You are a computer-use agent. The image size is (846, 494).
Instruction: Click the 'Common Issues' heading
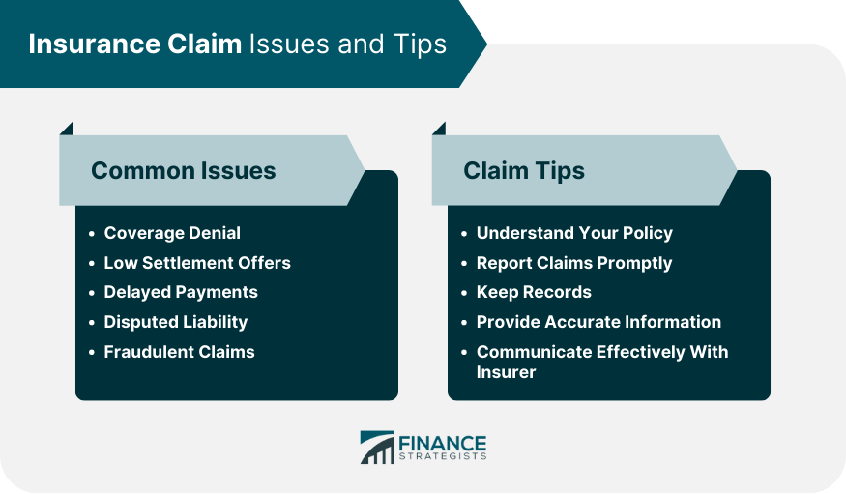pyautogui.click(x=183, y=171)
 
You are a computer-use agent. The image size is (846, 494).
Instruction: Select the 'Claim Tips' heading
pyautogui.click(x=523, y=171)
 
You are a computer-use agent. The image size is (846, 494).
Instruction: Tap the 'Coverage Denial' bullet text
pyautogui.click(x=172, y=233)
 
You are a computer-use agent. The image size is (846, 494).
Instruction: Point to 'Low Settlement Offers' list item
pyautogui.click(x=197, y=263)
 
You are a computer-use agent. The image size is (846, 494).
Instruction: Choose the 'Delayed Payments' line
pyautogui.click(x=181, y=292)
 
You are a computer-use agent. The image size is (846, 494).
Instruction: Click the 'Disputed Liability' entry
pyautogui.click(x=176, y=322)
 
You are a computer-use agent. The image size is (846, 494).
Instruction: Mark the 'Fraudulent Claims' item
pyautogui.click(x=179, y=352)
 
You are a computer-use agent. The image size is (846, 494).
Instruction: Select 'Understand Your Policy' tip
pyautogui.click(x=574, y=233)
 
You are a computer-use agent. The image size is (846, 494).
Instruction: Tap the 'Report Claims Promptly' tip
pyautogui.click(x=574, y=263)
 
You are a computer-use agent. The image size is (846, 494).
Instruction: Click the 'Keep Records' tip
pyautogui.click(x=534, y=292)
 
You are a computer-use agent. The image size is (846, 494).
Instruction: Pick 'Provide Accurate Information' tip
pyautogui.click(x=598, y=322)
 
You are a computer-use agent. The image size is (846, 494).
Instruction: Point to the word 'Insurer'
pyautogui.click(x=507, y=371)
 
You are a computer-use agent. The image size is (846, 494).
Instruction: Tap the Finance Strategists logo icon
pyautogui.click(x=376, y=447)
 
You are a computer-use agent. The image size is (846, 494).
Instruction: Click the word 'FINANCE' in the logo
pyautogui.click(x=442, y=442)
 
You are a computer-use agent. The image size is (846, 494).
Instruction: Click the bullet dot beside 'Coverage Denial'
pyautogui.click(x=91, y=234)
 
